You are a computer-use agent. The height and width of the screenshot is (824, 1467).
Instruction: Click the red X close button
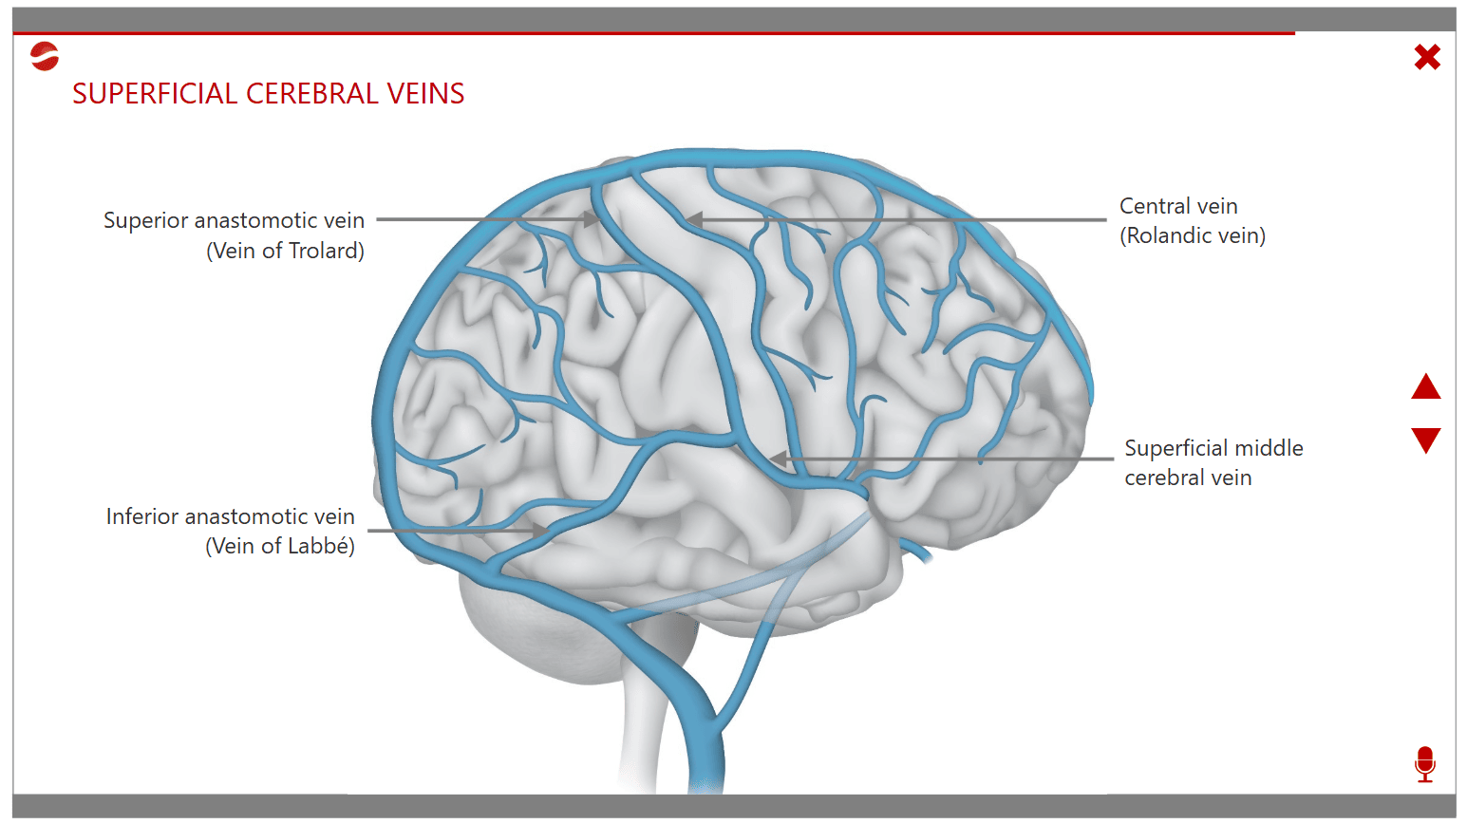point(1426,58)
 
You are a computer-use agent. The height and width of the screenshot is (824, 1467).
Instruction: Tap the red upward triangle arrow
point(1425,387)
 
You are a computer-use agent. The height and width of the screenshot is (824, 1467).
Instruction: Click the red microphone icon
point(1424,763)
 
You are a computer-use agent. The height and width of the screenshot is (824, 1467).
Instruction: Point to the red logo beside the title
point(45,57)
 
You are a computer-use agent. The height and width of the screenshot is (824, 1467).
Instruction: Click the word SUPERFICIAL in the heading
point(155,94)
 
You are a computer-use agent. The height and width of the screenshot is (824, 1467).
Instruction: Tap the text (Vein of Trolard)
point(285,251)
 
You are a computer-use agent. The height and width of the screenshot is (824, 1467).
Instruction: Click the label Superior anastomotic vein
point(234,220)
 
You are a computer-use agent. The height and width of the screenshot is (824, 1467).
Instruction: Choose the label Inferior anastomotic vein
point(230,516)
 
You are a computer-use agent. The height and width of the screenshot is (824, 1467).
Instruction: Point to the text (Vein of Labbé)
point(280,547)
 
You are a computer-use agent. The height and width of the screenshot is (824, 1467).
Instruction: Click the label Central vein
point(1178,206)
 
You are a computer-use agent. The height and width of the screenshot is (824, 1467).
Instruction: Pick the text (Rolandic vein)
point(1193,235)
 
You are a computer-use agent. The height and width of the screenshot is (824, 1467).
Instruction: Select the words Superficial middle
point(1213,448)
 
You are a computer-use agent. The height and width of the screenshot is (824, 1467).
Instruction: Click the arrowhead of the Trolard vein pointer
point(592,219)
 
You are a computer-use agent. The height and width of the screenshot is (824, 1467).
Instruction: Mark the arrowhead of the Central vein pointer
point(694,219)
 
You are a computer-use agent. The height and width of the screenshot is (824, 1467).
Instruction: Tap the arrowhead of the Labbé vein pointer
point(541,530)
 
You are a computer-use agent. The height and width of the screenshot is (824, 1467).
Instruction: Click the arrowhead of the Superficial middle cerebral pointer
point(778,459)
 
